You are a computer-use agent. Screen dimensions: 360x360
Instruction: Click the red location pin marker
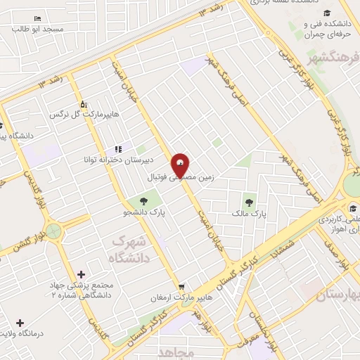[x=181, y=167]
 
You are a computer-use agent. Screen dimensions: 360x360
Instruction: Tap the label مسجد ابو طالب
[x=42, y=29]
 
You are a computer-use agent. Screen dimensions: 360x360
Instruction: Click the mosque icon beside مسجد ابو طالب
[x=37, y=18]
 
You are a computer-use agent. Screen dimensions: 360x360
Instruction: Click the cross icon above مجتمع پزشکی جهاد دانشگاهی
[x=81, y=274]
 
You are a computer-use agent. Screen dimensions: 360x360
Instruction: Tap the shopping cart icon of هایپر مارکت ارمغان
[x=181, y=287]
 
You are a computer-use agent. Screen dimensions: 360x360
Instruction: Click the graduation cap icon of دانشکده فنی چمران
[x=326, y=13]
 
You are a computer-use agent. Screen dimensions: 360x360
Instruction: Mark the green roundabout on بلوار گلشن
[x=54, y=231]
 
